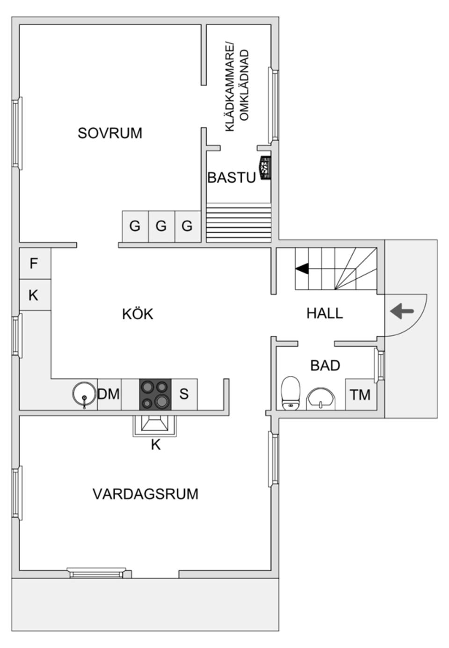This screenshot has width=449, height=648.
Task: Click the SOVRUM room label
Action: (110, 133)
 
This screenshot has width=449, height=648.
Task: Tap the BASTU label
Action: (232, 178)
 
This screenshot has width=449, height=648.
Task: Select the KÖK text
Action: (138, 314)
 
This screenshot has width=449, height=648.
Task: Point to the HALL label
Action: (325, 313)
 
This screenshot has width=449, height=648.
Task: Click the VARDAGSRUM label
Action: (145, 494)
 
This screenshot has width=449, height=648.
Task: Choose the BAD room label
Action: (325, 366)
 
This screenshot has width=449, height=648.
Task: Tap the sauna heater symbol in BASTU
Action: (265, 167)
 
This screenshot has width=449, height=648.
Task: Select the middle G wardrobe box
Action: (161, 226)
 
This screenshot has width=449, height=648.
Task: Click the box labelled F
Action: (34, 264)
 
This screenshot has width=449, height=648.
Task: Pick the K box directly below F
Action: (34, 295)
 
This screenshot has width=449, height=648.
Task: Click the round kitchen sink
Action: (84, 394)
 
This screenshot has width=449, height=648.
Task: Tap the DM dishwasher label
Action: (109, 394)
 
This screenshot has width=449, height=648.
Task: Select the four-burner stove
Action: (155, 394)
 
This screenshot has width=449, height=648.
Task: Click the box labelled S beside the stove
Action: (184, 394)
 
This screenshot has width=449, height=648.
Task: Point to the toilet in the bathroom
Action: (290, 393)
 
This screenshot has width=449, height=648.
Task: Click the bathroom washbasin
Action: (320, 399)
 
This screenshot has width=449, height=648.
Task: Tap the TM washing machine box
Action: (360, 395)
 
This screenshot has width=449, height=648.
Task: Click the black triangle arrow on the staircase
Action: (302, 268)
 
